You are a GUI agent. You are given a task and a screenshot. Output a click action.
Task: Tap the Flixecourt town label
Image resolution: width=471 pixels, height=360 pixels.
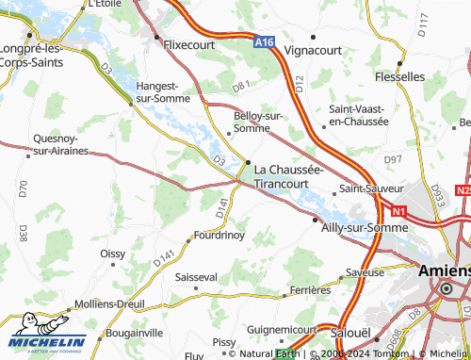[x=189, y=43]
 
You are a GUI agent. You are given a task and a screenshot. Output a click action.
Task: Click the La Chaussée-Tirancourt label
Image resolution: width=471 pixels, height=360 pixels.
[x=289, y=176]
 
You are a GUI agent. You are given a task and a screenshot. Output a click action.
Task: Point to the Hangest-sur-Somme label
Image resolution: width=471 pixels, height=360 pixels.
[x=164, y=90]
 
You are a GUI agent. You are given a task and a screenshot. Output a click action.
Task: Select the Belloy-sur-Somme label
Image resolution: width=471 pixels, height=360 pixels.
[x=258, y=122]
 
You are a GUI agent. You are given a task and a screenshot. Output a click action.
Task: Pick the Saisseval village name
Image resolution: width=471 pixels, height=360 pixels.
[x=197, y=277]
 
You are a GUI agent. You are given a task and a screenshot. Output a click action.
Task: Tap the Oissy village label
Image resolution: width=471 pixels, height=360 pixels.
[x=112, y=254]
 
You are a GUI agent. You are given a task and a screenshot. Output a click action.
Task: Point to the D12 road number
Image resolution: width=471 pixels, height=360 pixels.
[x=299, y=85]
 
